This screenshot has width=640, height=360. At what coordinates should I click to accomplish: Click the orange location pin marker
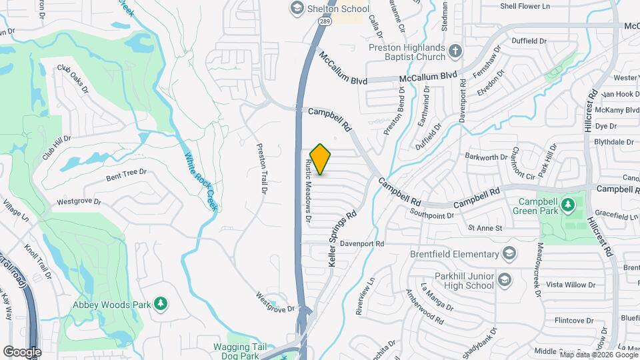point(321,159)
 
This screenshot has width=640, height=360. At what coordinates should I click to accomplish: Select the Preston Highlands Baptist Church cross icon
point(455,51)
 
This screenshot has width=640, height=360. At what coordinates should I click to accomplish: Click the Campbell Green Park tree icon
point(567,203)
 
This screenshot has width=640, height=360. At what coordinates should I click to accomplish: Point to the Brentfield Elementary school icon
point(509,254)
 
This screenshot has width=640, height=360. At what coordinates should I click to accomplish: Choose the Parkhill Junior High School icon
point(504,279)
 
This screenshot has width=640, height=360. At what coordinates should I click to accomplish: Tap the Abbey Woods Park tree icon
point(160,304)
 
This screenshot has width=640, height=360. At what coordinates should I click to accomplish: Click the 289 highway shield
point(324,22)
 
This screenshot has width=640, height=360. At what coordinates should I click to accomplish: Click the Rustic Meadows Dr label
point(308,191)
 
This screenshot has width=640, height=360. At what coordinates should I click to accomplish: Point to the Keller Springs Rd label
point(343,239)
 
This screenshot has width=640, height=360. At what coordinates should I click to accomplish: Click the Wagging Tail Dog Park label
point(240,351)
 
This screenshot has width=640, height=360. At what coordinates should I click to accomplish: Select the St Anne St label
point(485,228)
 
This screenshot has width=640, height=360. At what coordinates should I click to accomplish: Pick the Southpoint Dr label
point(432,215)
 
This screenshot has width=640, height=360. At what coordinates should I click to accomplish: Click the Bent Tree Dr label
point(126,177)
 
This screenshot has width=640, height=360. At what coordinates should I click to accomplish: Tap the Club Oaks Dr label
point(73,78)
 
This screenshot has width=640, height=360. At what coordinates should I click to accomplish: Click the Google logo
point(21,351)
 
